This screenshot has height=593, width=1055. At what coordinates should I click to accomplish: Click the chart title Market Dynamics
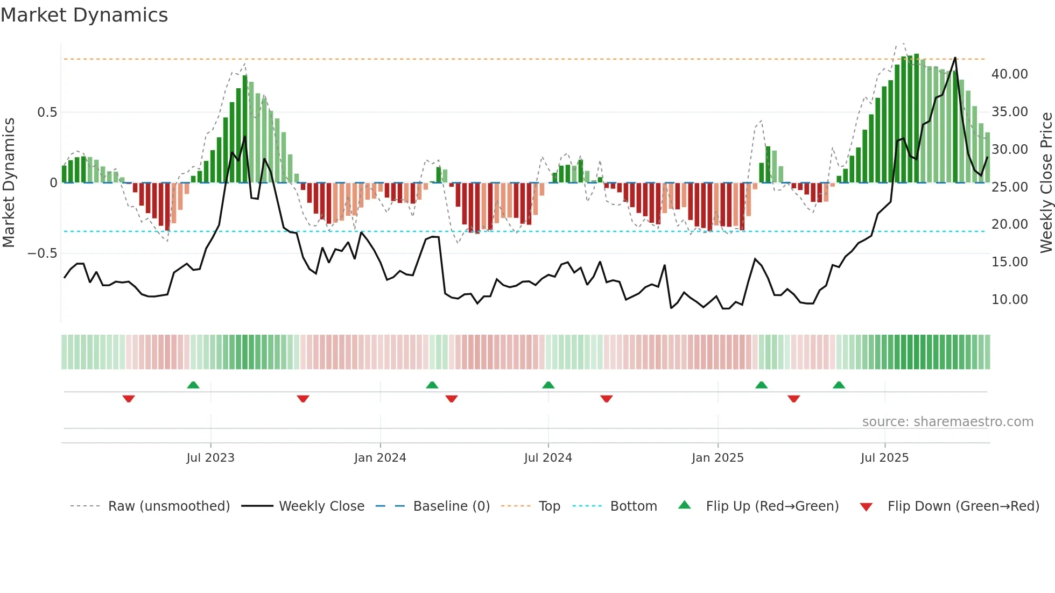coord(84,15)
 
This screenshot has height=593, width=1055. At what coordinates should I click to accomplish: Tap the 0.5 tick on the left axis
coord(47,112)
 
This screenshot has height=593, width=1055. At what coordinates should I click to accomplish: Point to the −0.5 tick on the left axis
coord(43,253)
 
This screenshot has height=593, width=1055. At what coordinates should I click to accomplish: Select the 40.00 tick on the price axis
coord(1009,74)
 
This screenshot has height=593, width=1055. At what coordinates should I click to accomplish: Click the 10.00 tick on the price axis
coord(1009,299)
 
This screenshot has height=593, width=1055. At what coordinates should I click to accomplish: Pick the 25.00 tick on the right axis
coord(1009,187)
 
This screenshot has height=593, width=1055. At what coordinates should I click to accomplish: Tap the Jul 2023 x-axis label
coord(210,458)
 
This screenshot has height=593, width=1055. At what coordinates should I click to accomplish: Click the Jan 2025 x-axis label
coord(718,458)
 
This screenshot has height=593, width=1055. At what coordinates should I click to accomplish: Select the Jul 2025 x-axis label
coord(884,458)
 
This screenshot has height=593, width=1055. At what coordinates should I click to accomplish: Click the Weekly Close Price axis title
coord(1046,182)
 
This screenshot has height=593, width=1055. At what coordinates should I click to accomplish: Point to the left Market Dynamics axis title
coord(9,182)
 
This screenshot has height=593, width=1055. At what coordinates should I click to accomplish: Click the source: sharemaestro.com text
coord(947,422)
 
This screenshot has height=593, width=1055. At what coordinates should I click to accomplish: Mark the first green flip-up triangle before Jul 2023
coord(193,385)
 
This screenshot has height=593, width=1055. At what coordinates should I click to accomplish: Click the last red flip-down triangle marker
coord(793,399)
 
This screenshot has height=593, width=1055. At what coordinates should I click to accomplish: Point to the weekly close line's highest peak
coord(955,58)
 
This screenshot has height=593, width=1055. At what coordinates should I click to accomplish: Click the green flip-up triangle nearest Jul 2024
coord(548,385)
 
